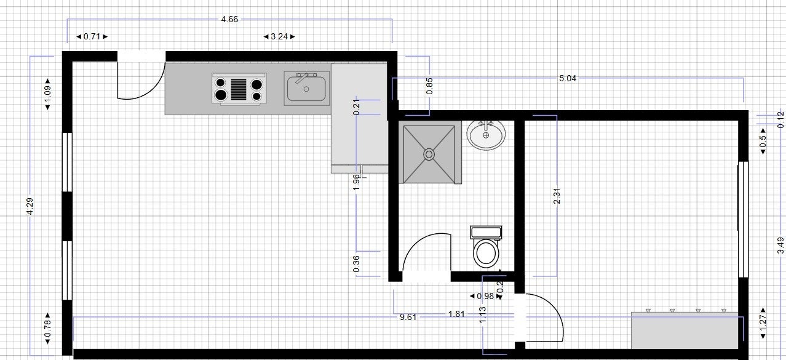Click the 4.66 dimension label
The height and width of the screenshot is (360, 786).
pos(229,19)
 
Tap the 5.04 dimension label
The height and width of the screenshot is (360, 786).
pos(568,78)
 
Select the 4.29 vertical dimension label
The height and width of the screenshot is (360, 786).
pos(30,206)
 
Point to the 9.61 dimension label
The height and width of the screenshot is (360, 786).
pos(408,317)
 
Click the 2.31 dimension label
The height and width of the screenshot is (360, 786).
pos(557,196)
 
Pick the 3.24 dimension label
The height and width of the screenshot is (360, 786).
pos(279,36)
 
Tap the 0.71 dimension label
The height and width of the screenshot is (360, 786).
pos(92,36)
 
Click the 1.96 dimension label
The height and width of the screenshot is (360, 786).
pos(356,182)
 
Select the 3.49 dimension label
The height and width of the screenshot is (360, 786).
pos(780,245)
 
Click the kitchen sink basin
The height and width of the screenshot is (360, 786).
pos(306,89)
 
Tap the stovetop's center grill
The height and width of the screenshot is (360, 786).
pos(239,90)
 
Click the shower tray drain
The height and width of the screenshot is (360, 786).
pos(429,154)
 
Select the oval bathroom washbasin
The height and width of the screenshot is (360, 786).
pos(486,135)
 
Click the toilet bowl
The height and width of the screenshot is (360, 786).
pos(486,253)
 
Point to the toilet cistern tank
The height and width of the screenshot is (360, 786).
pos(486,232)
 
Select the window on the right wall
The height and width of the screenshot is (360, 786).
pos(742,220)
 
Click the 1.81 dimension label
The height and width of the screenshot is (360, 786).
pos(456,314)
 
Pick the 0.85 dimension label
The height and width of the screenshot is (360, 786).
pos(429,86)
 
